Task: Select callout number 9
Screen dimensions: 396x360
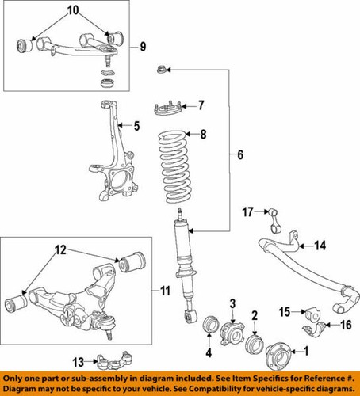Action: click(143, 46)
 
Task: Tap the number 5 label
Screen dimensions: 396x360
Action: click(136, 124)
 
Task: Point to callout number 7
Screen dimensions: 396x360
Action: click(201, 104)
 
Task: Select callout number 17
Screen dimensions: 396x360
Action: click(248, 211)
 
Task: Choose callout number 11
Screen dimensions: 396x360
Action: click(165, 291)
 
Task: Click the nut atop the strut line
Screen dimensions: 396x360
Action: click(161, 70)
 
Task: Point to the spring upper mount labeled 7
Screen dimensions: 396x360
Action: click(167, 106)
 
